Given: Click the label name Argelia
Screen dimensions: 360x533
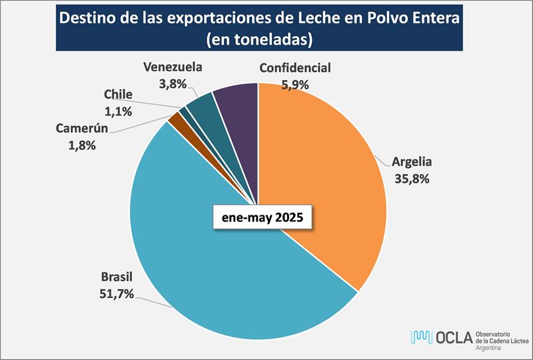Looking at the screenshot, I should [x=412, y=162].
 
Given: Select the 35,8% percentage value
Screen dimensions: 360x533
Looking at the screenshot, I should [x=412, y=178].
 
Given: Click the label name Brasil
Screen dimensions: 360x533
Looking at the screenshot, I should [x=117, y=276].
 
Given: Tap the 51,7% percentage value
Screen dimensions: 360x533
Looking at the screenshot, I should [x=117, y=292].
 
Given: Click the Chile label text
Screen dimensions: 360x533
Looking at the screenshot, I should [x=118, y=95].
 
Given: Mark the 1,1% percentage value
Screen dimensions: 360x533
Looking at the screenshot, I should [x=118, y=110].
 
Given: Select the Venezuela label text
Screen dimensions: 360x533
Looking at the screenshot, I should [x=172, y=67].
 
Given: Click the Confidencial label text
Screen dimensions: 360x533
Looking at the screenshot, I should [x=295, y=68].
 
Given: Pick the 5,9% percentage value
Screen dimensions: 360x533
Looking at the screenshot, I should [x=295, y=84].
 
